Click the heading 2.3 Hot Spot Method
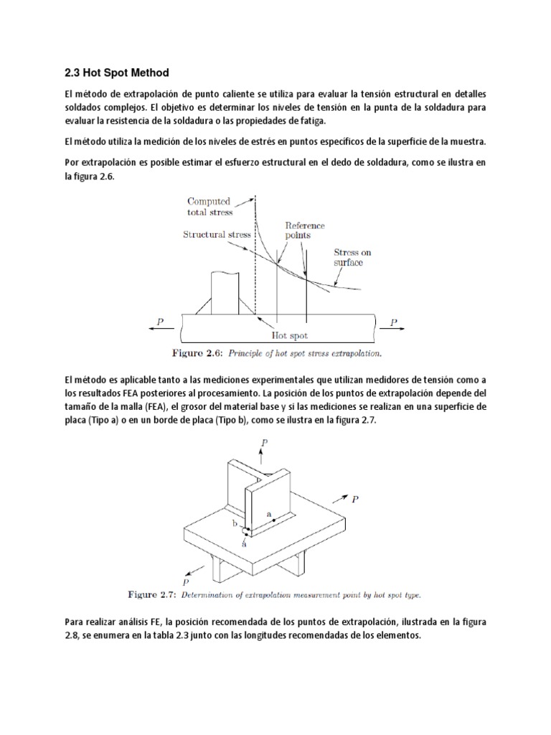[x=115, y=72]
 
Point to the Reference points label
[x=305, y=230]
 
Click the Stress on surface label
[x=352, y=257]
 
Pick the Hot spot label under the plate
[x=288, y=334]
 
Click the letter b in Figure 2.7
[x=234, y=525]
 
